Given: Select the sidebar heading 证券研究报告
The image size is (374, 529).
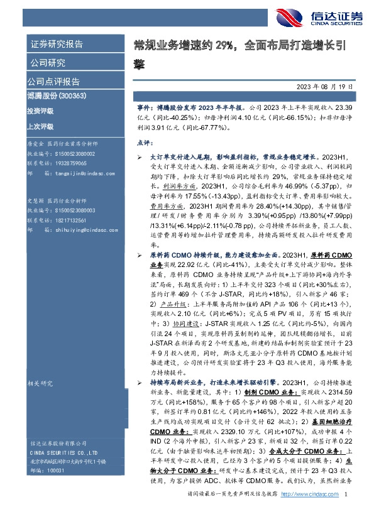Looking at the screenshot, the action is (x=56, y=44).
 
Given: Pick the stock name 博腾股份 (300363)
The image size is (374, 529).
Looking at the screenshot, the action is (x=56, y=96).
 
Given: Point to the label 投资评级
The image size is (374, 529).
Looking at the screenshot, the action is (x=40, y=111).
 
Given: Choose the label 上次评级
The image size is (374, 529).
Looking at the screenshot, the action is (x=40, y=125).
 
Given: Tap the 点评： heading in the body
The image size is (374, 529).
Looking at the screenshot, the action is (x=146, y=143).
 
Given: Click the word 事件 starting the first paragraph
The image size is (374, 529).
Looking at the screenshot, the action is (x=143, y=108).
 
